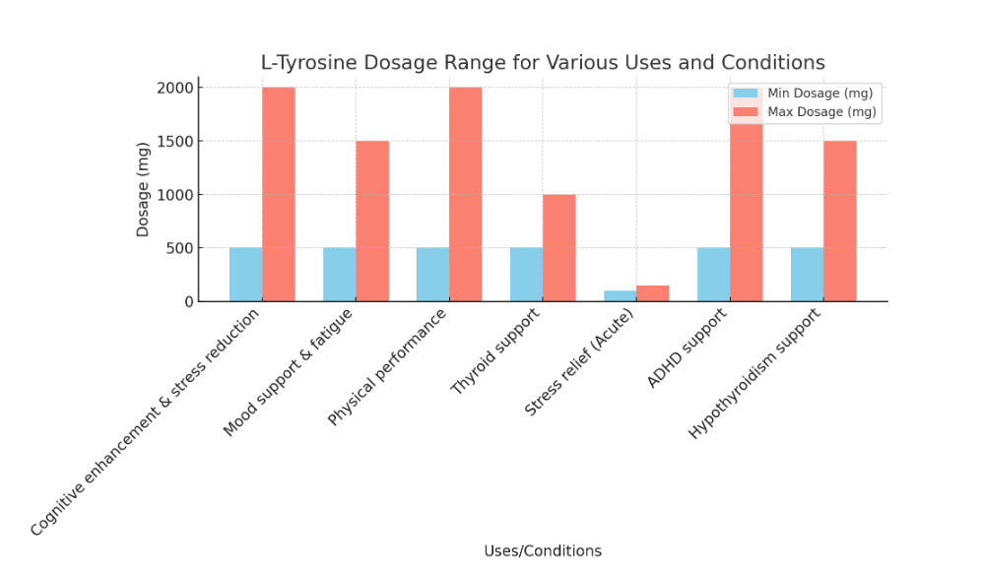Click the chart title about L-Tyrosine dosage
(x=543, y=63)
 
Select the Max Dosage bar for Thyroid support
(x=558, y=248)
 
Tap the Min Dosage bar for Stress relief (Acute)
(x=620, y=295)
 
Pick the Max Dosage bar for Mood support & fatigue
(x=372, y=222)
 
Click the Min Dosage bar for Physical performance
(x=432, y=275)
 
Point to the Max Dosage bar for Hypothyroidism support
(x=839, y=222)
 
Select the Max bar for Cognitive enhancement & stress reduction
(x=279, y=195)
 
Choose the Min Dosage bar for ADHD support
(x=713, y=275)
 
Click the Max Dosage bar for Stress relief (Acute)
(x=652, y=293)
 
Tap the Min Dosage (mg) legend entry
(x=818, y=94)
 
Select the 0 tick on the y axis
(x=188, y=301)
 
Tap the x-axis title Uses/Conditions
(x=543, y=550)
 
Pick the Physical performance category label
(x=388, y=365)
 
